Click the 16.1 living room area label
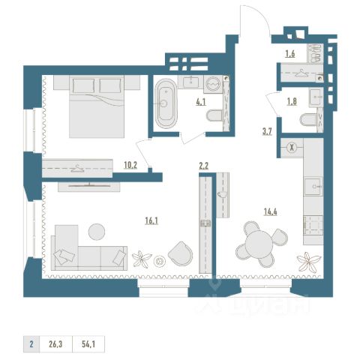[x=151, y=220]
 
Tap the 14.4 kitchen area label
[x=271, y=212]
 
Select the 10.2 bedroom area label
[x=130, y=165]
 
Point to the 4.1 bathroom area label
[x=201, y=102]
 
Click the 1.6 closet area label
[x=290, y=54]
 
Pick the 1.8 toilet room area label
[x=292, y=101]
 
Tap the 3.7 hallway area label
[x=267, y=131]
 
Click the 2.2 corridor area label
[x=204, y=166]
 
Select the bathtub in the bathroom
[x=166, y=103]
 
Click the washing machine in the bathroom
[x=213, y=84]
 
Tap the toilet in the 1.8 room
[x=308, y=120]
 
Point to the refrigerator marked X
[x=292, y=148]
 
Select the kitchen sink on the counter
[x=313, y=186]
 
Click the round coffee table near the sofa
[x=97, y=232]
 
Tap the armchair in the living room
[x=181, y=253]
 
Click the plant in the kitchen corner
[x=308, y=262]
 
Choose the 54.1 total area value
[x=88, y=344]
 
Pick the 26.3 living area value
[x=55, y=344]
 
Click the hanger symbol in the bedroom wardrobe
[x=77, y=169]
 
